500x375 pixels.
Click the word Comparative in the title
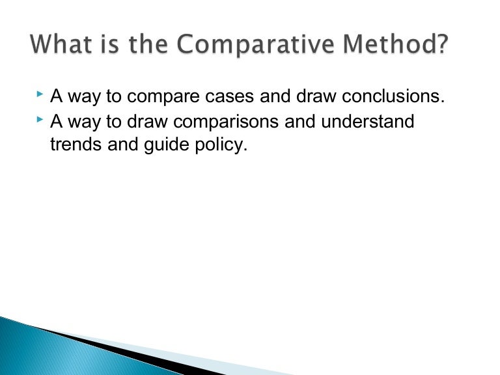pos(255,44)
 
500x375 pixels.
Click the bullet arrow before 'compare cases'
pos(40,94)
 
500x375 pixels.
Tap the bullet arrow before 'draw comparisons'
pos(40,120)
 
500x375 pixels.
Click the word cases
pos(230,96)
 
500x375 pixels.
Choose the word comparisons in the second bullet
pos(226,122)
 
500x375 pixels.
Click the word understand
pos(368,121)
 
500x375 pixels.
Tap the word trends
pos(76,144)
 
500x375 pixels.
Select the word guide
pos(167,145)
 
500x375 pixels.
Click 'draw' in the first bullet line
pos(316,96)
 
